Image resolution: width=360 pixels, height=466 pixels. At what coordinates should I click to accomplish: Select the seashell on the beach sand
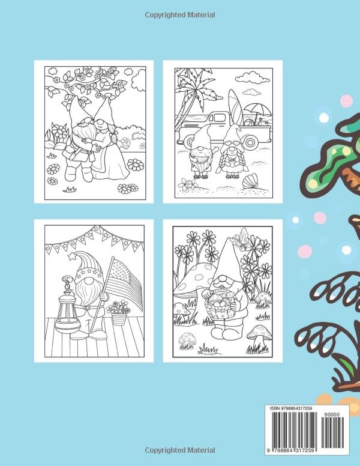tap(250, 181)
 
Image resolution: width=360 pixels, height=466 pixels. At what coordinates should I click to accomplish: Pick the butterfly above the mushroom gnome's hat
tap(240, 235)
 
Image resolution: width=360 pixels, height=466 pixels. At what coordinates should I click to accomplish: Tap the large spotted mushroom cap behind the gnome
tap(194, 279)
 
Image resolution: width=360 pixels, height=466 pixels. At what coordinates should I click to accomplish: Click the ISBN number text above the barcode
tap(291, 409)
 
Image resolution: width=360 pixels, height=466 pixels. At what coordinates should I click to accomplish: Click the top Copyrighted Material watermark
tap(180, 15)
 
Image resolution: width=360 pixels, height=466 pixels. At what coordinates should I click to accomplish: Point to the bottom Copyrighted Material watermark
tap(180, 450)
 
